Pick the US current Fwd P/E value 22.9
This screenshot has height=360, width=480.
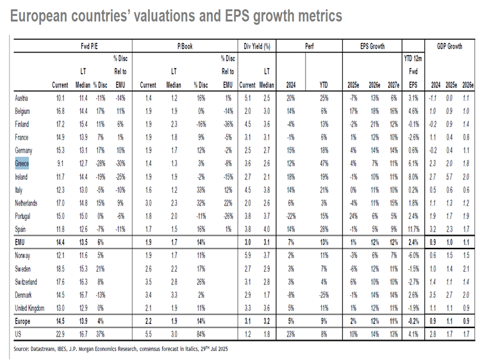[x=61, y=334]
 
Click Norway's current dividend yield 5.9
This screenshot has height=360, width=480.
[x=248, y=255]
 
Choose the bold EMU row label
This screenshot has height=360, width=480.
[x=21, y=242]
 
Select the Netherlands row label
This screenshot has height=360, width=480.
[x=28, y=203]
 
